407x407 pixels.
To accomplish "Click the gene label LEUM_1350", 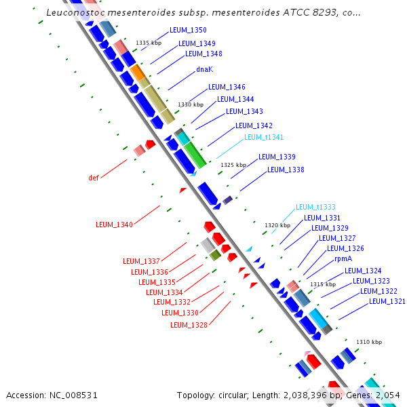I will tap(189, 31).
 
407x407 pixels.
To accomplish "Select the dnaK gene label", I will tap(205, 69).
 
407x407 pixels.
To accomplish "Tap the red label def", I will tap(94, 178).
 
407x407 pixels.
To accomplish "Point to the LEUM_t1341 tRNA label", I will tap(263, 137).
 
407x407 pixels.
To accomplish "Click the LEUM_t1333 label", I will tap(315, 207).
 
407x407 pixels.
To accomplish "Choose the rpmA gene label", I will tap(343, 259).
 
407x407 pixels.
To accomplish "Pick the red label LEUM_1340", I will tap(114, 225).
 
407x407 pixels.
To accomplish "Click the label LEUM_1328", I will tap(189, 325).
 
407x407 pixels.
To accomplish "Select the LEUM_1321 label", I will tap(387, 301).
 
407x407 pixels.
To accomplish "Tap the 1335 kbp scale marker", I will tap(149, 43).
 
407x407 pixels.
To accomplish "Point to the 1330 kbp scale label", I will tap(191, 104).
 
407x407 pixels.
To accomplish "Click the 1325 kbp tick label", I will tap(233, 165).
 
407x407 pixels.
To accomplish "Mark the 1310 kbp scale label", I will tap(369, 342).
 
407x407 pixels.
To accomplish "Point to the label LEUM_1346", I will tap(227, 87).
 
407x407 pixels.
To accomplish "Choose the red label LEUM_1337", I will tap(141, 261).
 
